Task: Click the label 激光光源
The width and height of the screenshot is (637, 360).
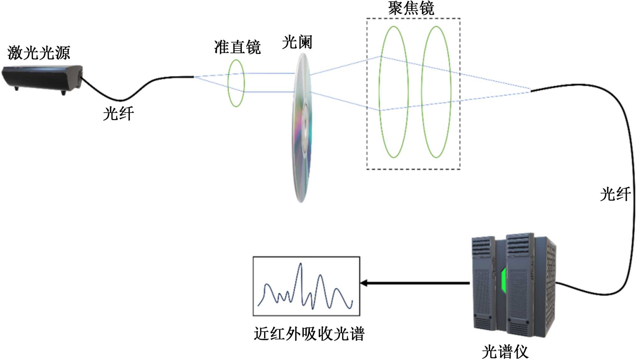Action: tap(39, 53)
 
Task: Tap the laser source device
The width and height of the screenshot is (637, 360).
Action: tap(41, 78)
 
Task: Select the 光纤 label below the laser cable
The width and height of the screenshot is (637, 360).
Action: tap(118, 114)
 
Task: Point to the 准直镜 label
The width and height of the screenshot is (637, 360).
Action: tap(237, 47)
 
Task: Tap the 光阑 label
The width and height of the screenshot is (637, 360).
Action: tap(297, 42)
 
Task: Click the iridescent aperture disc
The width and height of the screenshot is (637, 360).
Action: tap(301, 127)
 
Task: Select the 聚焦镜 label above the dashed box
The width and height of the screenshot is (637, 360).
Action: tap(411, 8)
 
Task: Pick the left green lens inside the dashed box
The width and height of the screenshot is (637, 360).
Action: tap(394, 92)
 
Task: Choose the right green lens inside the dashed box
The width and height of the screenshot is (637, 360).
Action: tap(436, 92)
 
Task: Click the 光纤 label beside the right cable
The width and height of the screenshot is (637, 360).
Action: tap(615, 194)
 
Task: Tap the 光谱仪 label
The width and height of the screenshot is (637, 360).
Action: tap(505, 352)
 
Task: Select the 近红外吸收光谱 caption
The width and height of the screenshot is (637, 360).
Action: tap(309, 334)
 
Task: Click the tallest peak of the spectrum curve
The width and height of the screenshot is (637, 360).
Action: tap(300, 264)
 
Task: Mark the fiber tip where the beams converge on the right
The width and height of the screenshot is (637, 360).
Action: tap(531, 91)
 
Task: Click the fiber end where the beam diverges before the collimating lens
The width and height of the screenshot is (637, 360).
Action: tap(193, 77)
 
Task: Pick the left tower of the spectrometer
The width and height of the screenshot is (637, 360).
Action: tap(483, 283)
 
